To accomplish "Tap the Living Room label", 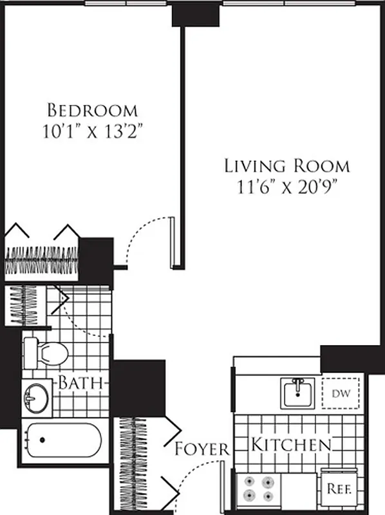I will click(x=286, y=165).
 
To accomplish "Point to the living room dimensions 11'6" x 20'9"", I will click(x=286, y=187).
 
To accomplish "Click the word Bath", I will click(x=81, y=382).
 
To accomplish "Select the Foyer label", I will click(x=202, y=449).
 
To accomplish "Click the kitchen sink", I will click(x=297, y=392).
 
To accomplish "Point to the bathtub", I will click(x=63, y=440).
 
